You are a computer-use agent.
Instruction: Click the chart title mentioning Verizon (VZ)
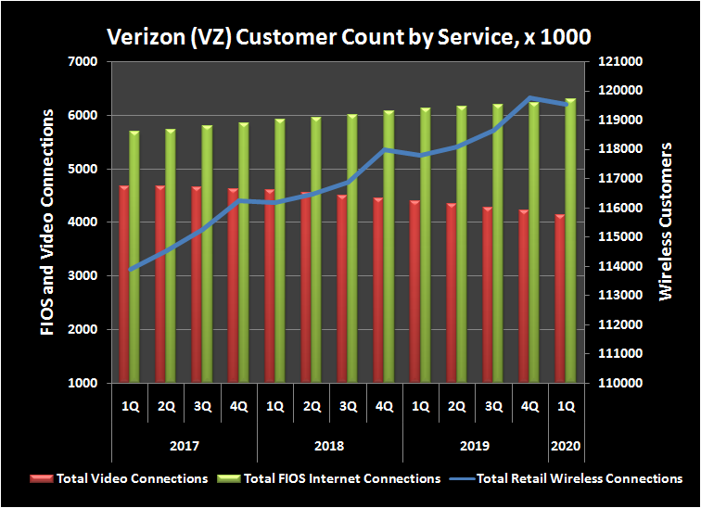click(350, 36)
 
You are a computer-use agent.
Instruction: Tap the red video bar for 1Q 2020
click(560, 298)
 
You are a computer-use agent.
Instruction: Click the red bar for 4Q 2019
click(524, 296)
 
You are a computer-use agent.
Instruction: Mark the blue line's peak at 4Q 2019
click(529, 97)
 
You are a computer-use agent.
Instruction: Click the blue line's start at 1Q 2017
click(130, 270)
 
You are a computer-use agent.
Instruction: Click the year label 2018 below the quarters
click(329, 446)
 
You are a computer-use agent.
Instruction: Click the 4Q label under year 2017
click(238, 405)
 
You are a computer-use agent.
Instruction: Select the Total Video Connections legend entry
click(120, 478)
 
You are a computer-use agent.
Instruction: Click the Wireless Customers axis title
click(666, 222)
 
